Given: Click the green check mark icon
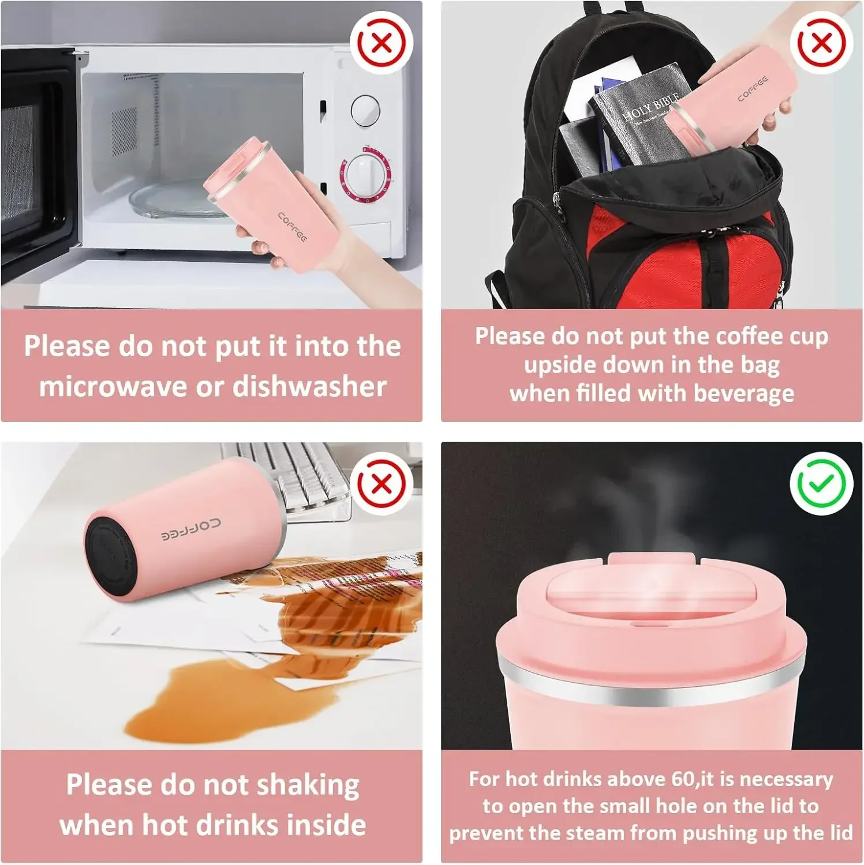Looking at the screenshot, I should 821,483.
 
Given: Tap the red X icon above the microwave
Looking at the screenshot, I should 381,43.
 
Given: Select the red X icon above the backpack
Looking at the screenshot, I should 821,43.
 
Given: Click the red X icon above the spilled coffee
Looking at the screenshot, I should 381,483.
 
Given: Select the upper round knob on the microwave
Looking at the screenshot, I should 366,110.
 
